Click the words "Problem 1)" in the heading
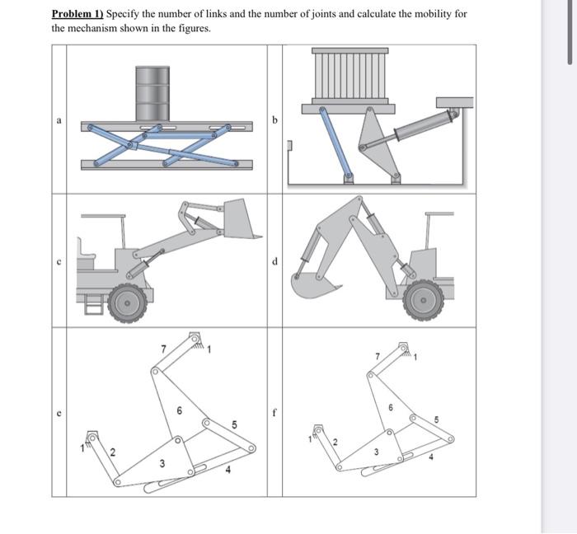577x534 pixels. coord(77,14)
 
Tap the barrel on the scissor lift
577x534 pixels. coord(152,93)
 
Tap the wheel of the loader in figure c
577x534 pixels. coord(128,302)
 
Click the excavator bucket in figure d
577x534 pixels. coord(314,284)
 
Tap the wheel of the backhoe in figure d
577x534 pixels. coord(423,301)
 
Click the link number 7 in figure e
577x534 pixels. coord(162,349)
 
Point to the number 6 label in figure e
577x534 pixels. coord(179,411)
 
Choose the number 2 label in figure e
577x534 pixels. coord(113,452)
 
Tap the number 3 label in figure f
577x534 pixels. coord(375,452)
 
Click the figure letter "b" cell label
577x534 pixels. coord(275,120)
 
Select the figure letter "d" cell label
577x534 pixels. coord(275,262)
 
